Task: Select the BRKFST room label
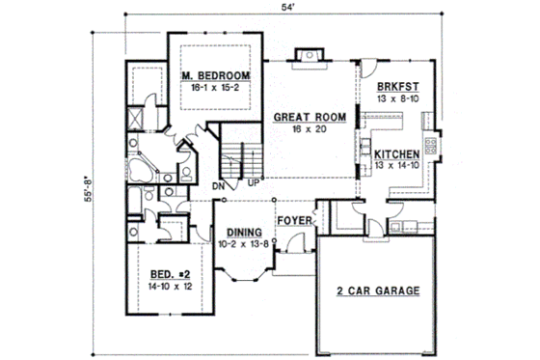tap(398, 85)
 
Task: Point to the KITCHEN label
tap(396, 153)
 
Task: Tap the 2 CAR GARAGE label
tap(377, 290)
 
